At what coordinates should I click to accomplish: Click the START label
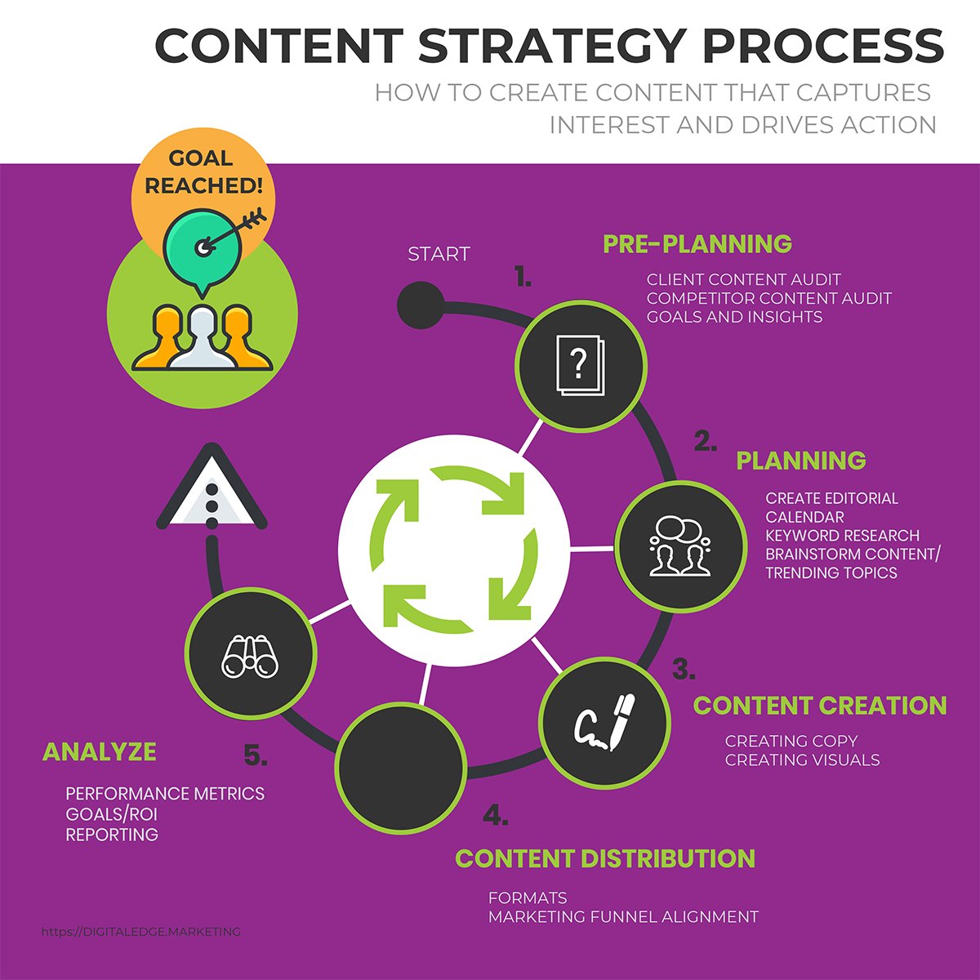coord(439,254)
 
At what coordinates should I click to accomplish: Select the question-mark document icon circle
coord(581,364)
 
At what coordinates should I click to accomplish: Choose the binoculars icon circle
coord(250,653)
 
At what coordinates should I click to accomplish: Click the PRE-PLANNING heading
coord(697,243)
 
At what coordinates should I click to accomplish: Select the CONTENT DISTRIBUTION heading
coord(604,858)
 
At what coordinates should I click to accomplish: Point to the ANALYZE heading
coord(99,751)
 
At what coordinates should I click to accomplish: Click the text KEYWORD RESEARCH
coord(842,536)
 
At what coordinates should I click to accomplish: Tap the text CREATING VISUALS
coord(802,760)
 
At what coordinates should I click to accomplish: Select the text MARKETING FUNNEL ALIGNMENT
coord(623,917)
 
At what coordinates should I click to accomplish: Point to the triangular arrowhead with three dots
coord(212,490)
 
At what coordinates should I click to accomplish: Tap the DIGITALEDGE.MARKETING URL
coord(140,931)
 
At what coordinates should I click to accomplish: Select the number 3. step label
coord(684,670)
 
